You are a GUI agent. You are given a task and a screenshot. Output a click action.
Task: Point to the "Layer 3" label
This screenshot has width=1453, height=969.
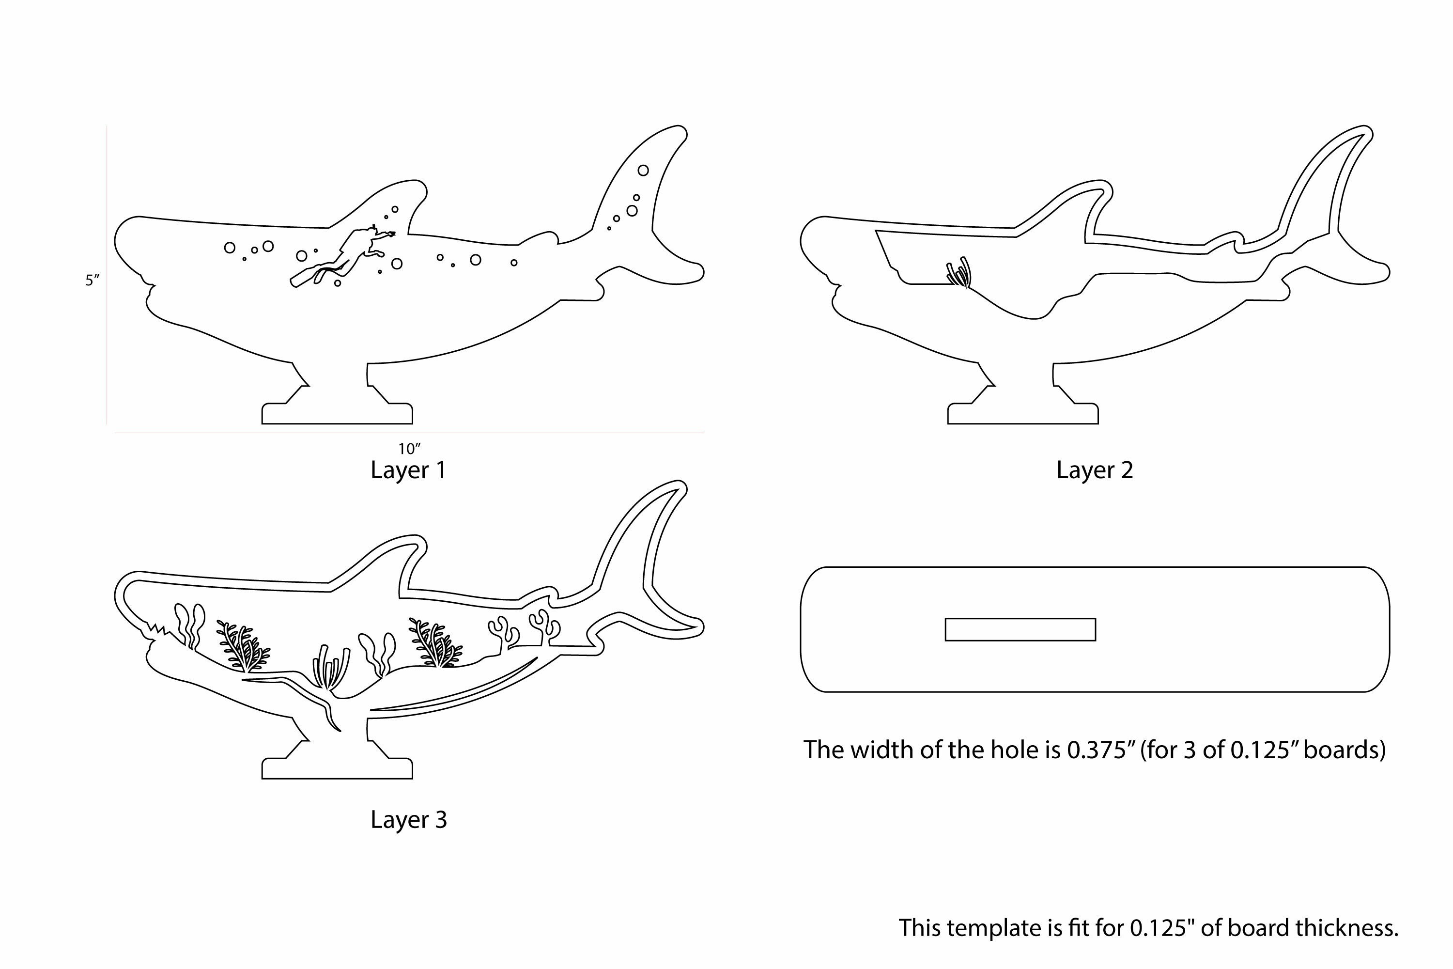point(408,819)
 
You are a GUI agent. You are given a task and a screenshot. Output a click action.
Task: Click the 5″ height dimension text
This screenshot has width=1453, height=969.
point(92,280)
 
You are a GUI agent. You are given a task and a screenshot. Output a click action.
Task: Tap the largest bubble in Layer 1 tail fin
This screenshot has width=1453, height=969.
point(643,170)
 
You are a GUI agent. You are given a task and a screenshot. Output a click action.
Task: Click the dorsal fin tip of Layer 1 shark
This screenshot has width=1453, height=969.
point(421,185)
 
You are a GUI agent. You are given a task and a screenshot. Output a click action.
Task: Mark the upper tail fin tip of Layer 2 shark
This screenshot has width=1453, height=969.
point(1368,130)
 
